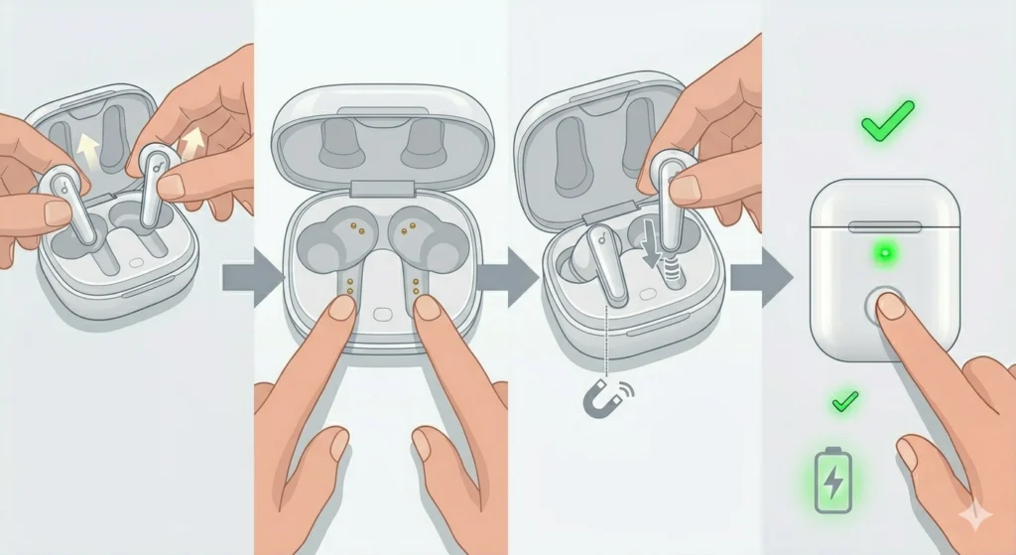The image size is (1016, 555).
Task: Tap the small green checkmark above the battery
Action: [844, 401]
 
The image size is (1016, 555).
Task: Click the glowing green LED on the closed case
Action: [880, 255]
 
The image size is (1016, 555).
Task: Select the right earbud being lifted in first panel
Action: [154, 189]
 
